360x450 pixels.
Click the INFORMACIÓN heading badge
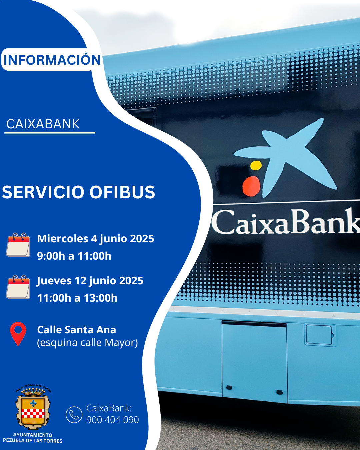tap(51, 59)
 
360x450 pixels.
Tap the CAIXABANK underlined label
tap(43, 124)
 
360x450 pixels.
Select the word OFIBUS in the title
tap(122, 192)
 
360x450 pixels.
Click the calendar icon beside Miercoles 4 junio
tap(18, 245)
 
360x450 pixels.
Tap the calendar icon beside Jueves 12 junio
tap(18, 287)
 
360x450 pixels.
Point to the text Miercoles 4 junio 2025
tap(96, 239)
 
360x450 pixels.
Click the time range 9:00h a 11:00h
tap(74, 256)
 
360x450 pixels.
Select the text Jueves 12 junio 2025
tap(90, 281)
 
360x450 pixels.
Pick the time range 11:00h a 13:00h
tap(77, 298)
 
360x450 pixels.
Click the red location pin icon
tap(18, 334)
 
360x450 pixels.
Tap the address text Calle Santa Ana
tap(77, 330)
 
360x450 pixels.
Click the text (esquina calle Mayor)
tap(87, 343)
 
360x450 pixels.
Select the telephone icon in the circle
tap(74, 415)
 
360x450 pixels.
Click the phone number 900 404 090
tap(113, 420)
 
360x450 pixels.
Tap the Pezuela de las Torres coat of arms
tap(33, 407)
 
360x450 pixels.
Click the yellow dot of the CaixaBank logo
tap(256, 165)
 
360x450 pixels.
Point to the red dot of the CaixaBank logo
tap(251, 186)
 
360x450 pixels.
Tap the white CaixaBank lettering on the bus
tap(286, 222)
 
